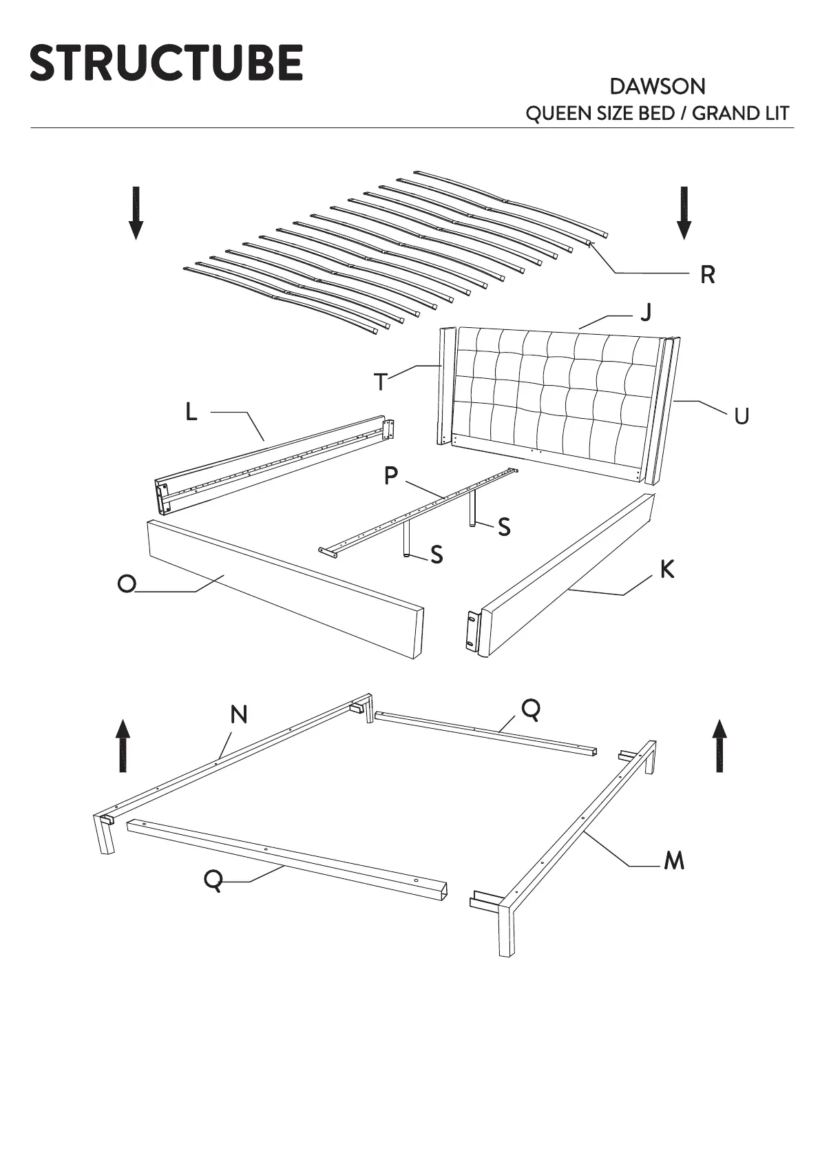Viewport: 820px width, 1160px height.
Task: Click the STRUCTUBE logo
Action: (x=166, y=63)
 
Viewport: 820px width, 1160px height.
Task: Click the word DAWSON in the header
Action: (x=657, y=87)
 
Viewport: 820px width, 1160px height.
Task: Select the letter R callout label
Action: (x=707, y=275)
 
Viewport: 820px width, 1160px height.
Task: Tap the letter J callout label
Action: (x=646, y=312)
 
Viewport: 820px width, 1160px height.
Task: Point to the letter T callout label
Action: (x=381, y=382)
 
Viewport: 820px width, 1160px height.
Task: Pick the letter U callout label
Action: (x=741, y=416)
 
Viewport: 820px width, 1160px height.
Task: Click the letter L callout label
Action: (x=191, y=412)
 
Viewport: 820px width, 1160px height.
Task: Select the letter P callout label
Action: (x=391, y=475)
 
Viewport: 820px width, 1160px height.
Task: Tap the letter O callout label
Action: (x=127, y=584)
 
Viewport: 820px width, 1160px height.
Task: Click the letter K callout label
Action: (x=666, y=570)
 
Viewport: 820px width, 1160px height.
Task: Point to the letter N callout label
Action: (x=238, y=715)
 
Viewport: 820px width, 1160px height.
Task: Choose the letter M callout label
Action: (x=674, y=860)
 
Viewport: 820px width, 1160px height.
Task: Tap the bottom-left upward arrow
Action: (x=123, y=746)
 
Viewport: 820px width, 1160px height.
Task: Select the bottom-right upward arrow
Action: (x=719, y=746)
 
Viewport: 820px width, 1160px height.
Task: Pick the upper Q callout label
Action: (x=531, y=708)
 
